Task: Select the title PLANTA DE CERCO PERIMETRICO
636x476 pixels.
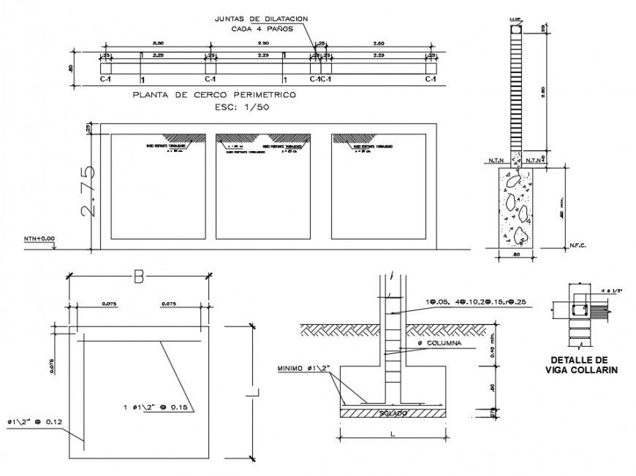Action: coord(213,95)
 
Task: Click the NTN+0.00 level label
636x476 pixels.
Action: coord(40,238)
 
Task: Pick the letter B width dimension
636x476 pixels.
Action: coord(139,275)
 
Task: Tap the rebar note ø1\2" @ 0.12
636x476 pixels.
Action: coord(35,421)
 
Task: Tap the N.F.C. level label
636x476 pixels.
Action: coord(577,246)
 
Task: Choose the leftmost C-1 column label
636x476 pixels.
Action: coord(105,79)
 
